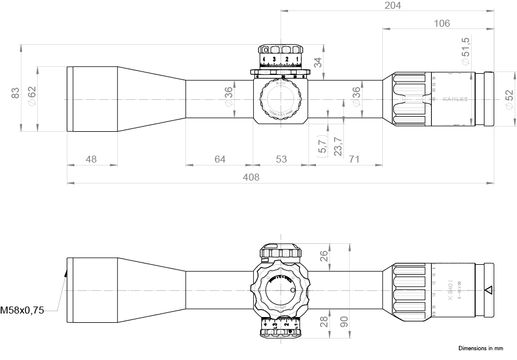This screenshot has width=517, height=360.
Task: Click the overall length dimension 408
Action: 251,177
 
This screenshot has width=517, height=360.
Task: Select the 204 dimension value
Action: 393,5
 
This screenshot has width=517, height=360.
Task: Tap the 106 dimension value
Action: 441,23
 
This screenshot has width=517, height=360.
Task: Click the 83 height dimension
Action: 16,93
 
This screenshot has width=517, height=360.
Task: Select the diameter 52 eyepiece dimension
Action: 509,99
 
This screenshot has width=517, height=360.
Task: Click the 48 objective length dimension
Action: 91,159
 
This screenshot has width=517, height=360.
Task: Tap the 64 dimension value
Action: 219,159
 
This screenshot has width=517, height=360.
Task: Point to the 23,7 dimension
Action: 338,146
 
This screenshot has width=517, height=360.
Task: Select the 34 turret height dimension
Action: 317,63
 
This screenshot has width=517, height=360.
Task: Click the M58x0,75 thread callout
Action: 22,311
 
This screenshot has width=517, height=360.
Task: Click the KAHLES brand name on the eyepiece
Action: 455,99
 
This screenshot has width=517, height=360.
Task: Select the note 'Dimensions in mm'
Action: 480,348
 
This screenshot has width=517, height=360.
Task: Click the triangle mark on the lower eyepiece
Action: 488,290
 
